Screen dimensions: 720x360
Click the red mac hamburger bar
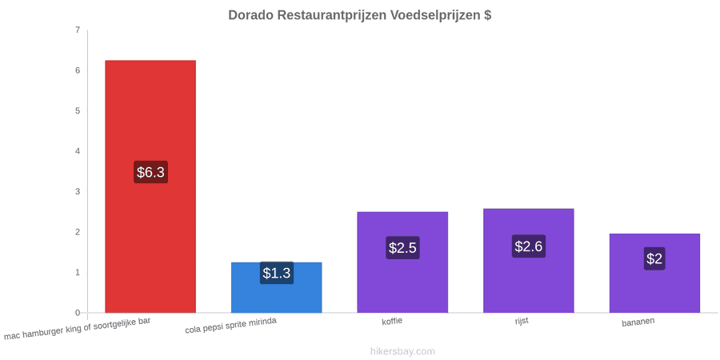point(150,186)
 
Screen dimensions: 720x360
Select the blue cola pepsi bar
point(277,287)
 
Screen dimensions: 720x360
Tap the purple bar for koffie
point(402,262)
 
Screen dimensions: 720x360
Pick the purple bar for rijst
point(529,261)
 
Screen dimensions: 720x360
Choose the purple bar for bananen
point(654,274)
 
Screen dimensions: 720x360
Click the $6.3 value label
point(150,172)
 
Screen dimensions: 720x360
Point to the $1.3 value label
point(277,273)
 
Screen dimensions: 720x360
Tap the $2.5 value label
point(402,247)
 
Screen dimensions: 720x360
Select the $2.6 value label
point(529,246)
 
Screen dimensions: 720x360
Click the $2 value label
point(654,258)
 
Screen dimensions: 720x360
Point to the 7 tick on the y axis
point(78,30)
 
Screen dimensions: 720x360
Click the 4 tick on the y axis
point(78,151)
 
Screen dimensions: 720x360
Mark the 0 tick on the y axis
point(78,313)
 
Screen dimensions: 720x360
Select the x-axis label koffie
point(392,321)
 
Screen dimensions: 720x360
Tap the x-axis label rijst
point(522,321)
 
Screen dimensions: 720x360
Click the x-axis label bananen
point(638,322)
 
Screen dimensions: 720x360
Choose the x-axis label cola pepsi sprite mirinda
point(231,326)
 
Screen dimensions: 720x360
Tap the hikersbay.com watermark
point(402,351)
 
